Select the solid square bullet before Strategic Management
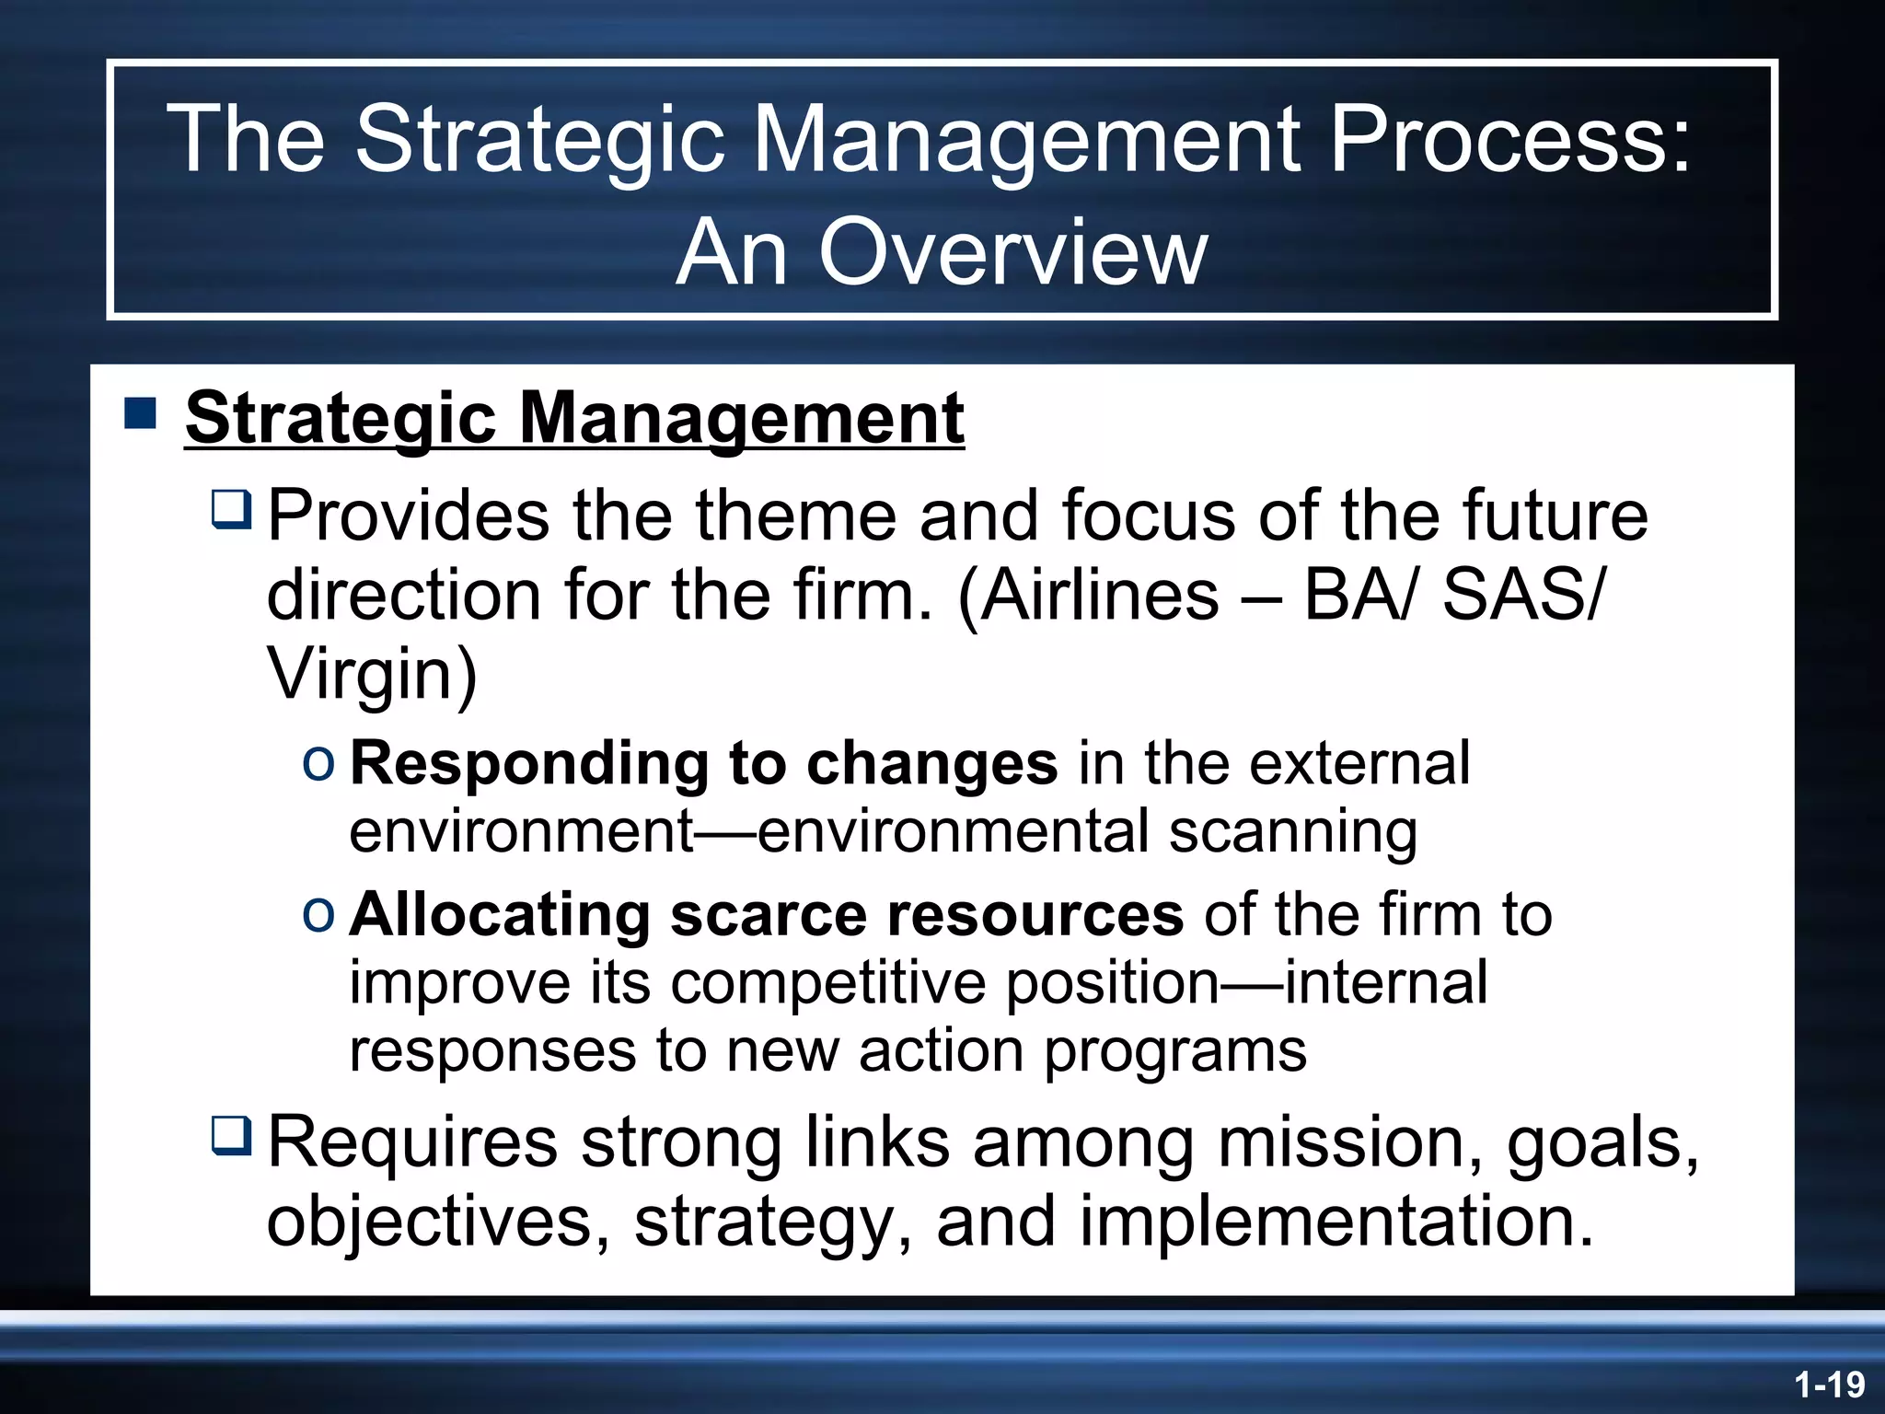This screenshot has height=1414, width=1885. pos(140,413)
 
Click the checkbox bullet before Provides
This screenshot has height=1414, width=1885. pos(231,510)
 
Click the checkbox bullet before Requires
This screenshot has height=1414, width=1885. pos(231,1135)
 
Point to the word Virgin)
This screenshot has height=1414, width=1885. pos(372,674)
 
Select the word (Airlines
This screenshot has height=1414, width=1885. pos(1088,595)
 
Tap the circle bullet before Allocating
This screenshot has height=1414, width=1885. pos(318,915)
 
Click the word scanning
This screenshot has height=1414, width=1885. pos(1292,831)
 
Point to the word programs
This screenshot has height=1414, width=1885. pos(1174,1051)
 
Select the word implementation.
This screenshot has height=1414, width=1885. pos(1336,1222)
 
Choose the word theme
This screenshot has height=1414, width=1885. pos(794,516)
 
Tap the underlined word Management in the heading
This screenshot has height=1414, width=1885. pos(741,419)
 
